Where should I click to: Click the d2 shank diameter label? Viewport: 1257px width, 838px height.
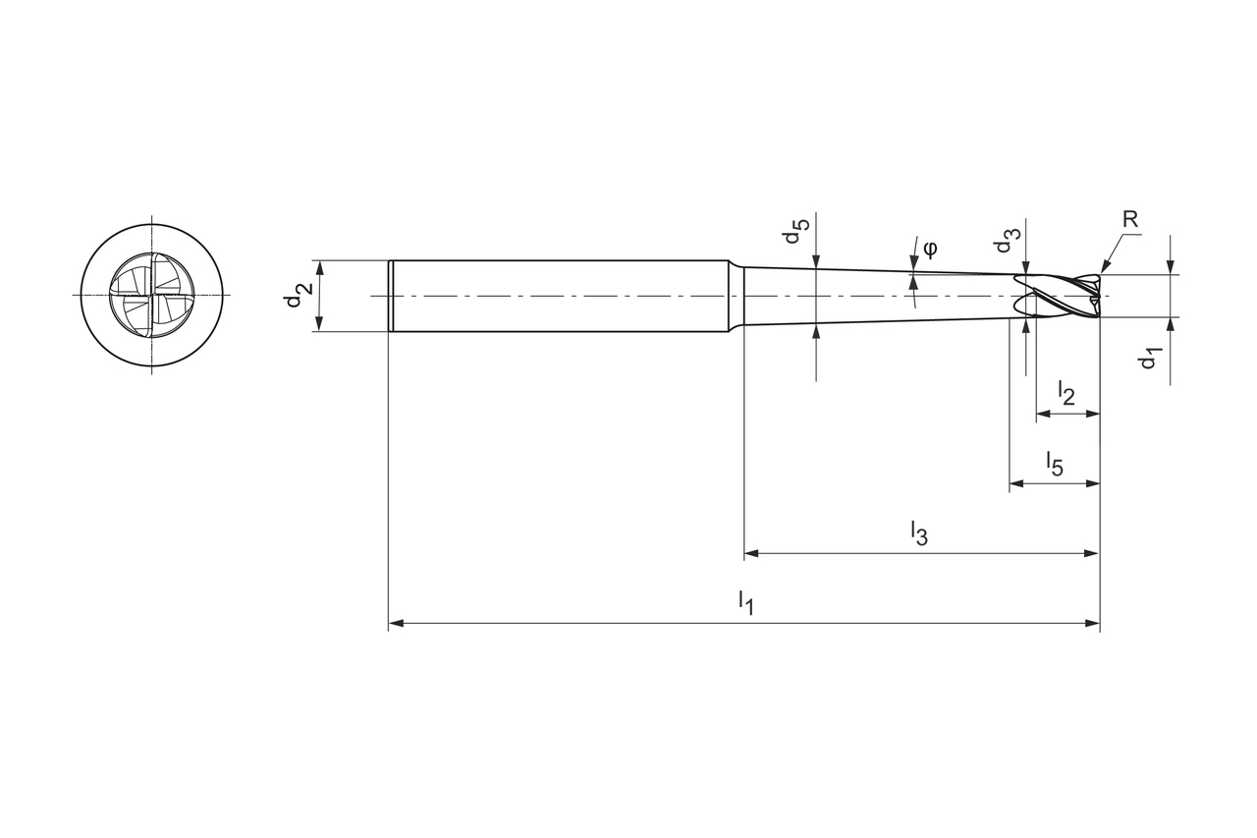[299, 295]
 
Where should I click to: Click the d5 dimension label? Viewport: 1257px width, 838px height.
[796, 232]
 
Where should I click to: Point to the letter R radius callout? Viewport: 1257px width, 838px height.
[1130, 219]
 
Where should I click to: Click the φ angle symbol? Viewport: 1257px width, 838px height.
[930, 246]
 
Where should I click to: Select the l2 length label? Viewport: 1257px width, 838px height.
[1066, 393]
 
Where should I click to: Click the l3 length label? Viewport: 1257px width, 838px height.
[918, 532]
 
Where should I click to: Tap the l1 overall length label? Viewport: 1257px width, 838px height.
[745, 601]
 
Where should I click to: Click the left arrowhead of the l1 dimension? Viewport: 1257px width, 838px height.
[396, 623]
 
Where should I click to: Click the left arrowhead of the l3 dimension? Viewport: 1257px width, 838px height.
[751, 553]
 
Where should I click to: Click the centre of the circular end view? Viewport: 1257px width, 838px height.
[151, 295]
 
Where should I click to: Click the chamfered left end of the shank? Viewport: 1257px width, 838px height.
[391, 295]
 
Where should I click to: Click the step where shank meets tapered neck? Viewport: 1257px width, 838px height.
[735, 295]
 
